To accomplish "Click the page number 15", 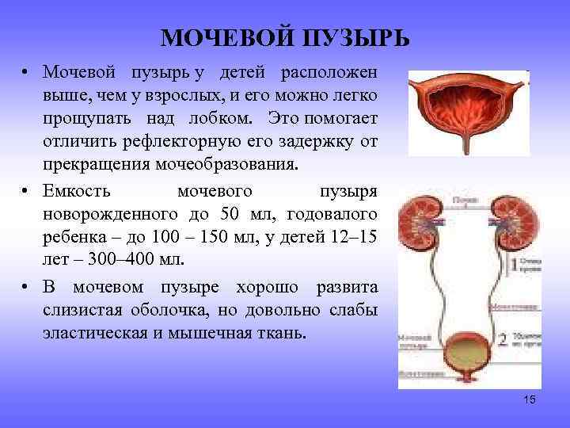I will tap(530, 399).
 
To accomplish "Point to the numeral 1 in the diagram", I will tap(515, 266).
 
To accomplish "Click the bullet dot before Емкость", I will tap(26, 193).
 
